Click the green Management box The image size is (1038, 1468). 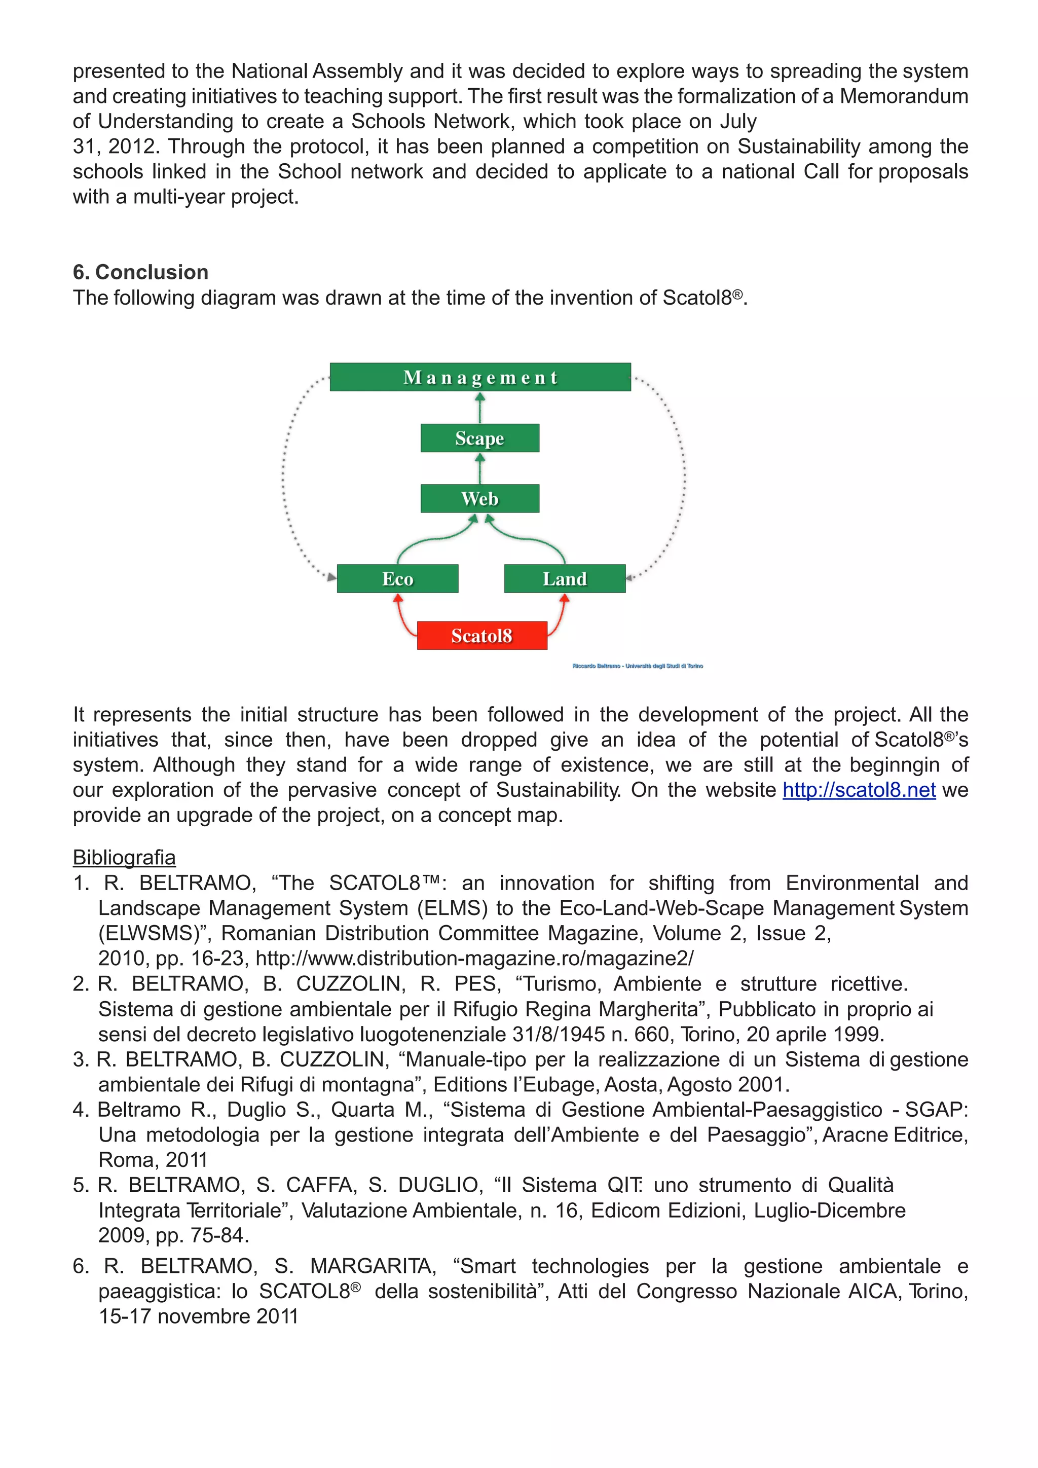point(480,377)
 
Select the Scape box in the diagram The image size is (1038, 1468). point(479,438)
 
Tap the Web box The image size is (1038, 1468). point(479,498)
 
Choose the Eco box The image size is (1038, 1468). point(397,578)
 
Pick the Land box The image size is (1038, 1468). point(565,578)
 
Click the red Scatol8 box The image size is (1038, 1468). point(481,636)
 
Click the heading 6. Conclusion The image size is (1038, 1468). point(140,272)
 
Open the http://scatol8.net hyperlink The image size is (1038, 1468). point(859,790)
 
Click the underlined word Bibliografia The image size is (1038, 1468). point(124,857)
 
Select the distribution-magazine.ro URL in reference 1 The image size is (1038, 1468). point(474,959)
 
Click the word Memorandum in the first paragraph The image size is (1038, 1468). point(903,96)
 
